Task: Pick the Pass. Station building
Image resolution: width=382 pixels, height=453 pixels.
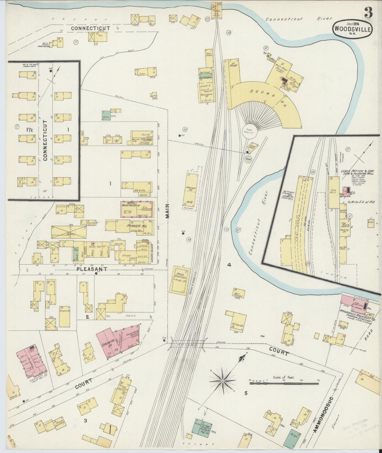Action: coord(181,280)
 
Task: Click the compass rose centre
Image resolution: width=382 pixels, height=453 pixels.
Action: coord(223,381)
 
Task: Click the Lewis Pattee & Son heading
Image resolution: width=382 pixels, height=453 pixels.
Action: coord(356,171)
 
